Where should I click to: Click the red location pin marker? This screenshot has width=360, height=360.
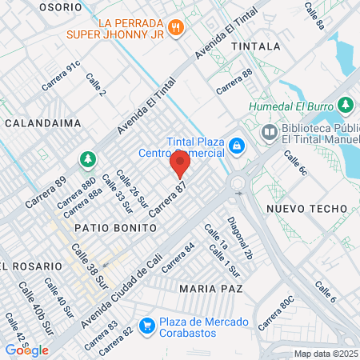(180, 165)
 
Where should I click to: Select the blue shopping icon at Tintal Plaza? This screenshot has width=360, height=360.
(236, 145)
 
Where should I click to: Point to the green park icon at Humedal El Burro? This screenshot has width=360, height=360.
(346, 105)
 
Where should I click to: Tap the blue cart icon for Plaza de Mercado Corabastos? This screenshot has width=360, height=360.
(146, 326)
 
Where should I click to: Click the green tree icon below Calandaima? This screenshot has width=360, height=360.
(86, 160)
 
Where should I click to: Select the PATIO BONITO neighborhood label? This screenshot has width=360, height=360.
(108, 228)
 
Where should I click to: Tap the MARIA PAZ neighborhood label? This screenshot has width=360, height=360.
(210, 287)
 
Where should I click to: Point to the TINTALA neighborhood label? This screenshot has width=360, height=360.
(256, 47)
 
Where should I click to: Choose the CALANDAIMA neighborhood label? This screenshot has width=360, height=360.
(37, 123)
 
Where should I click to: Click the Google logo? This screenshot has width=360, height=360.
(27, 350)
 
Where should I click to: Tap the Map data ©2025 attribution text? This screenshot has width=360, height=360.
(326, 354)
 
